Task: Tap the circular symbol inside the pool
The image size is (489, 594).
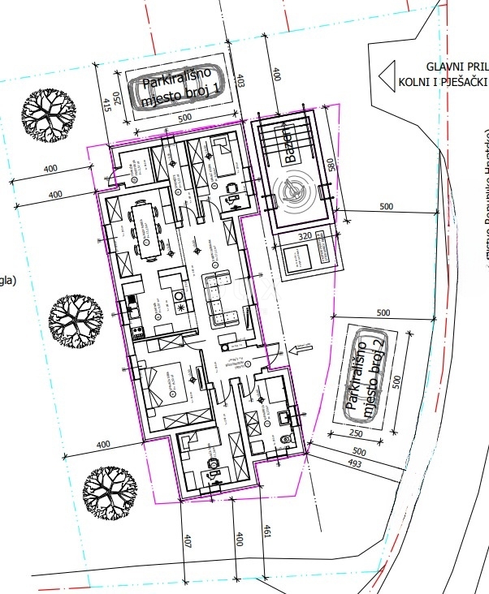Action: click(x=294, y=192)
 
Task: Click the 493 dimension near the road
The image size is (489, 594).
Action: click(x=353, y=463)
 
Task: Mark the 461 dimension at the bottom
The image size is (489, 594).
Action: click(x=265, y=532)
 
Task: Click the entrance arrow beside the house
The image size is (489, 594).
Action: click(x=300, y=349)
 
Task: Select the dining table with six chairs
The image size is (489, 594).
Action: click(x=148, y=230)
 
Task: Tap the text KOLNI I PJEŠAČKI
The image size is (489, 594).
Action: click(x=443, y=82)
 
